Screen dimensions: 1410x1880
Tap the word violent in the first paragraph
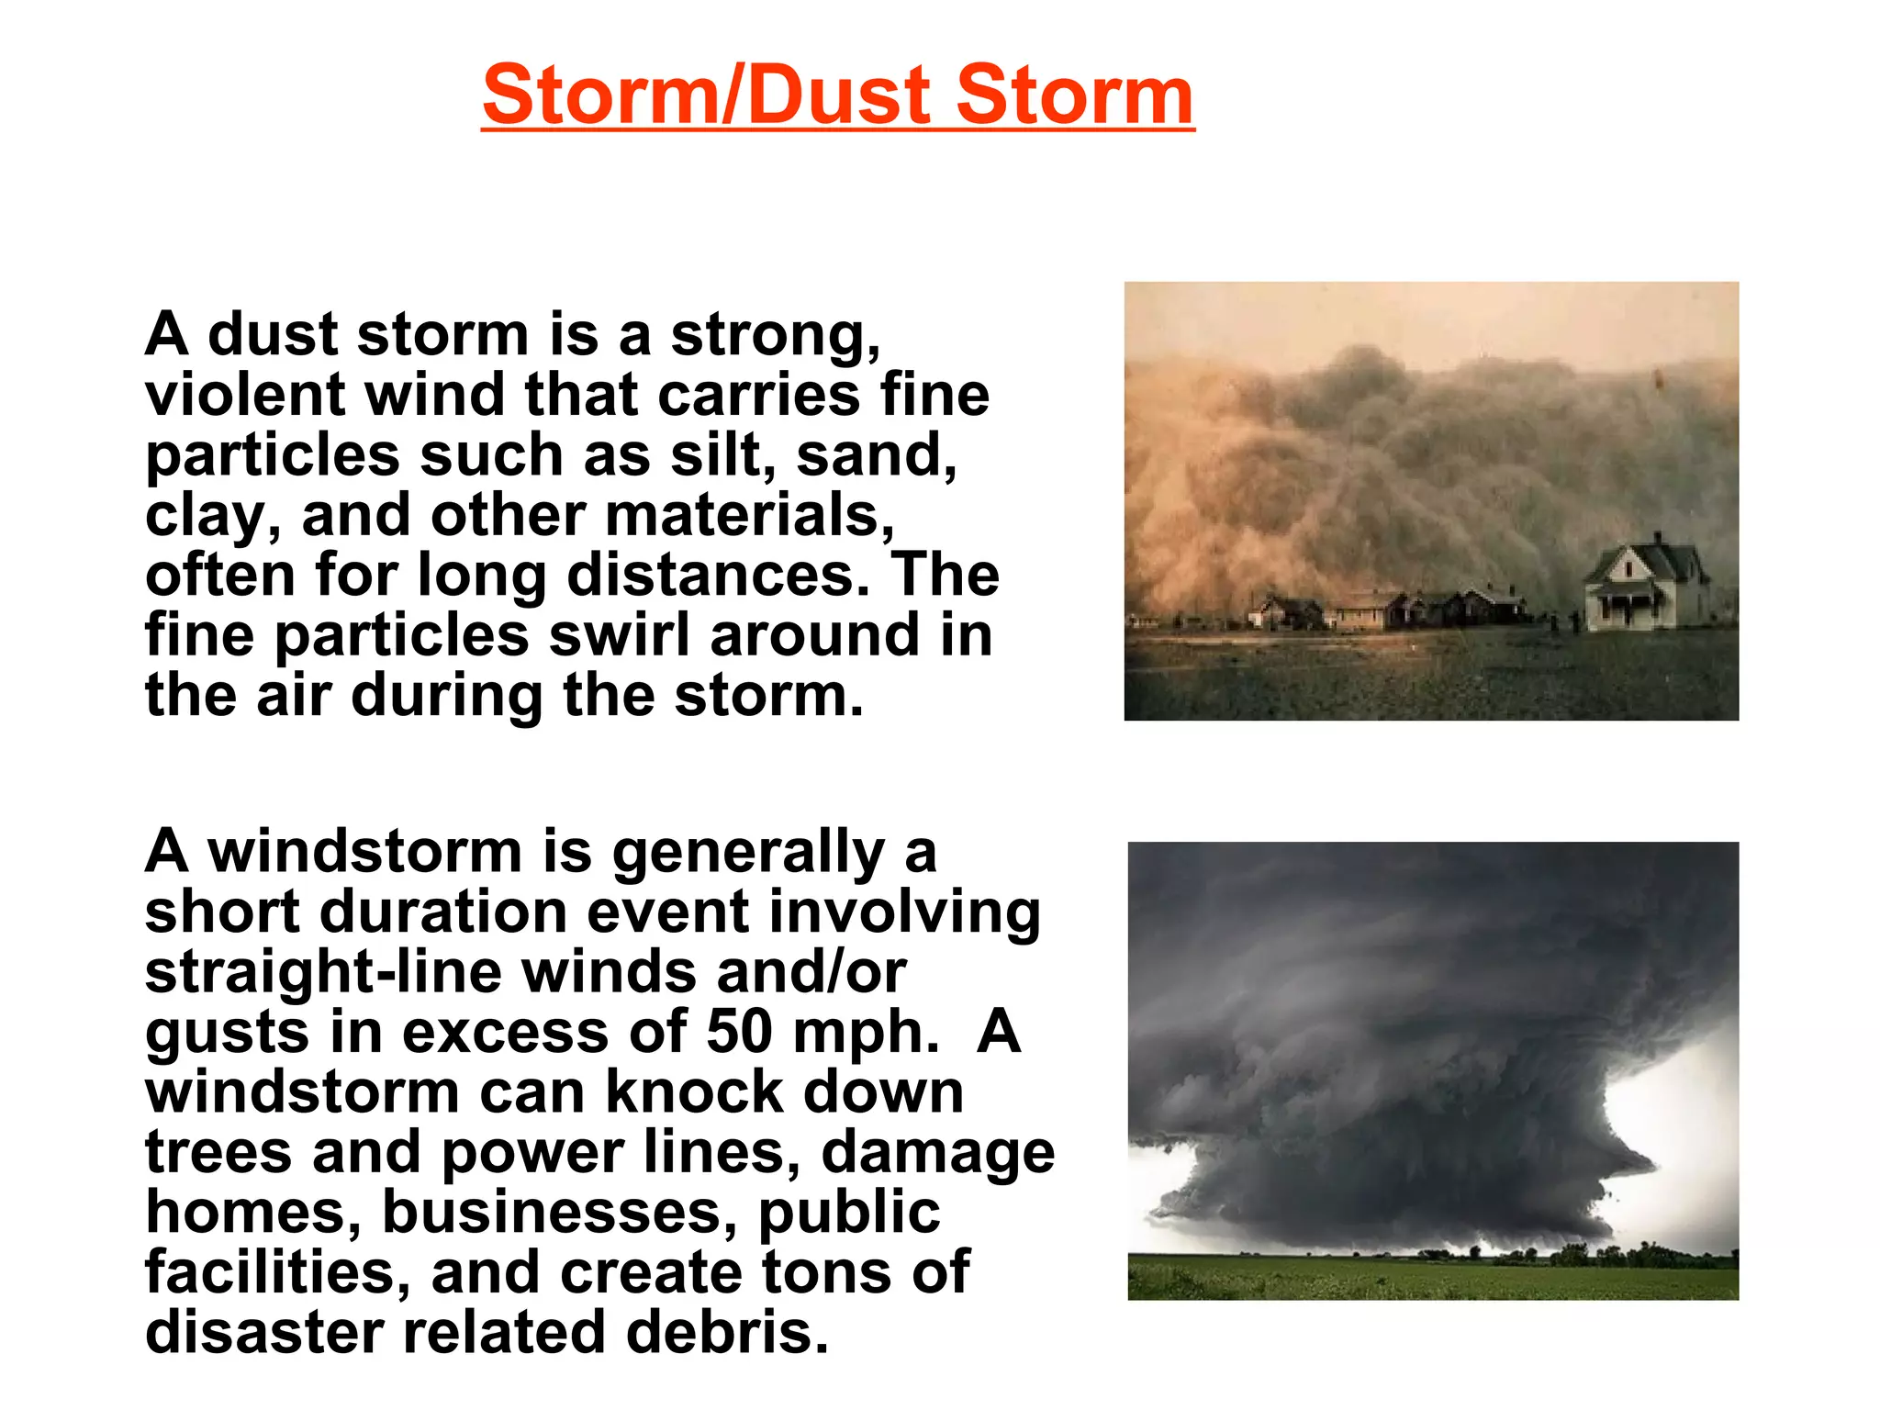[244, 395]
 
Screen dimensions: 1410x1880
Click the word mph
[866, 1033]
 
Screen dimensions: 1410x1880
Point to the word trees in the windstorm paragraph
[218, 1152]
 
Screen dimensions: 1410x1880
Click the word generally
[748, 853]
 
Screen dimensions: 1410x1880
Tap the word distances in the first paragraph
[717, 575]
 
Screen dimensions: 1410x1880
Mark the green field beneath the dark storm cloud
[1432, 1278]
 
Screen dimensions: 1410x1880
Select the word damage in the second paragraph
[937, 1153]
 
